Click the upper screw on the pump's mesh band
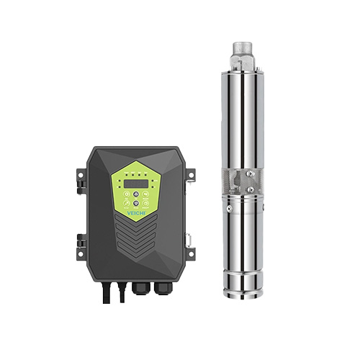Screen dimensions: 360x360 point(248,176)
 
